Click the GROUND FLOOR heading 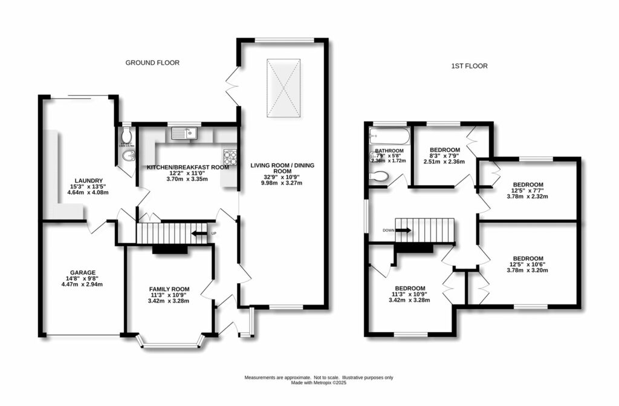152,63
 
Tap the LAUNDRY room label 89,180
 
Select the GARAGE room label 83,272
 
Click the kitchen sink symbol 191,133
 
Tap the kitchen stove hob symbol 230,156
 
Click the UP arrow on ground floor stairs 198,233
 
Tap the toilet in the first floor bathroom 379,176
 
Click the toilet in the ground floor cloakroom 126,135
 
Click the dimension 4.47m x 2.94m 83,284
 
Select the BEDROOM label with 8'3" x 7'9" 444,150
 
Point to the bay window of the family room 170,345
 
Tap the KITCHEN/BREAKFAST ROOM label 188,167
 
